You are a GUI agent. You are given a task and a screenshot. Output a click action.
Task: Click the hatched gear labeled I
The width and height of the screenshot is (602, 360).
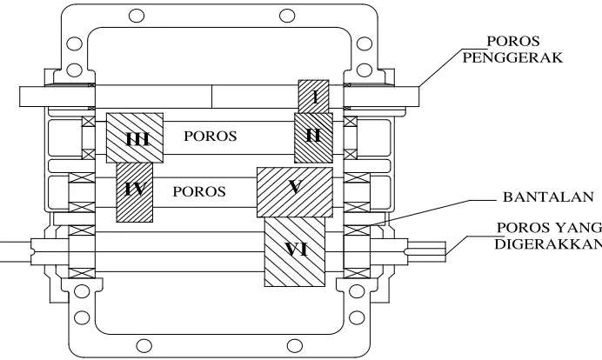(314, 97)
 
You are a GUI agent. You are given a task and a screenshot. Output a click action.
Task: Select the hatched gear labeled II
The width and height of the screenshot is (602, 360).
(313, 137)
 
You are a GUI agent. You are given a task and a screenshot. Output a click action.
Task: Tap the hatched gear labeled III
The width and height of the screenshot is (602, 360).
(135, 137)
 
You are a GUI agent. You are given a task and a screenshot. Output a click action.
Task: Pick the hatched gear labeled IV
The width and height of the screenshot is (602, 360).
(134, 192)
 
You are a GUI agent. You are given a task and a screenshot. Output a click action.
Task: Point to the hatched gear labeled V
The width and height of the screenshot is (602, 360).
(294, 192)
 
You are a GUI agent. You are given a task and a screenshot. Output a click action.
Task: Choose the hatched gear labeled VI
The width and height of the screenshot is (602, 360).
(295, 252)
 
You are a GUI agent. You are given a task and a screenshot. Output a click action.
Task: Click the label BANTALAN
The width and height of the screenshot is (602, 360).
(548, 197)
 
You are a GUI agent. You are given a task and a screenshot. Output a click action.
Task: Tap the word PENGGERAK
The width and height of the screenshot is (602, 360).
(512, 57)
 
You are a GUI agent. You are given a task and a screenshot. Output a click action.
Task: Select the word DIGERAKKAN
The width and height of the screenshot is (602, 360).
(548, 244)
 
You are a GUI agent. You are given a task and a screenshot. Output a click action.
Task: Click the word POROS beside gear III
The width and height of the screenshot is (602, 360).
(211, 136)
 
